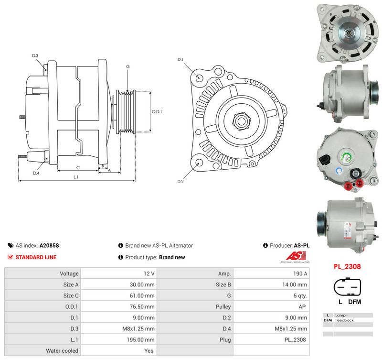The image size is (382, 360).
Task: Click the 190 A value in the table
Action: (x=300, y=273)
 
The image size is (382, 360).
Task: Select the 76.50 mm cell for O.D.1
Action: (x=142, y=306)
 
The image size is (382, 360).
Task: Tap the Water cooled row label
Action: (x=62, y=351)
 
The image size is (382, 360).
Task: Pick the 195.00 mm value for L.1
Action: (x=140, y=339)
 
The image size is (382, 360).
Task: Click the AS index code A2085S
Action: (x=49, y=245)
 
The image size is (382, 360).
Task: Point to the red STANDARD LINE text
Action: (x=36, y=257)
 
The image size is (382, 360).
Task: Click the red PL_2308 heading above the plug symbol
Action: (x=347, y=266)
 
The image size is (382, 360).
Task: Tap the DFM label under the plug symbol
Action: (x=354, y=302)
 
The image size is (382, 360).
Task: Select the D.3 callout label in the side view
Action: (x=35, y=55)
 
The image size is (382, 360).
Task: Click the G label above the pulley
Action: (x=128, y=66)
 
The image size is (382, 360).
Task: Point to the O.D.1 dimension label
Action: (x=157, y=111)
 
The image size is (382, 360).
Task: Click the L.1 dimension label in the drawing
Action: (x=76, y=177)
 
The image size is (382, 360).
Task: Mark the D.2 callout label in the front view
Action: (x=180, y=182)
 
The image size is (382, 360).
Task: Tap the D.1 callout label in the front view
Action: (x=180, y=59)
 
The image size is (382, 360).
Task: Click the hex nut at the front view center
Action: (x=242, y=121)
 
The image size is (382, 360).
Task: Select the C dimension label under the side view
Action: (x=78, y=167)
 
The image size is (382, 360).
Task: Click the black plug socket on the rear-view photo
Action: (x=325, y=160)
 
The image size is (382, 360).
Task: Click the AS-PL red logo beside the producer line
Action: (x=296, y=257)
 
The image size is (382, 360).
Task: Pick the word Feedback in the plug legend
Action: (x=344, y=320)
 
